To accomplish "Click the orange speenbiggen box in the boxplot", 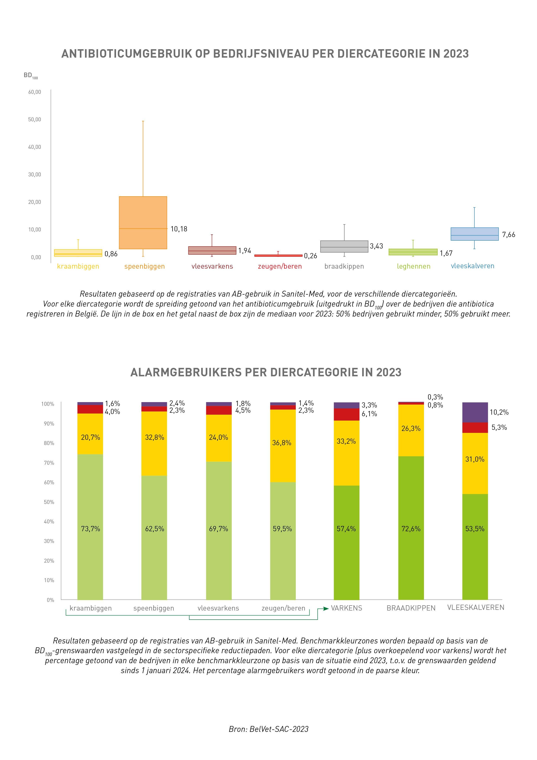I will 143,222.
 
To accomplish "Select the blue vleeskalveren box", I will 474,234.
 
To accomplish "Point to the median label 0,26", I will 310,256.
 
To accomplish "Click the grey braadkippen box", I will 344,246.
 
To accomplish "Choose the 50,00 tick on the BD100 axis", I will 35,120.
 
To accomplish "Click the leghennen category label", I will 414,266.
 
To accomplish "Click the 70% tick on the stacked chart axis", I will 49,463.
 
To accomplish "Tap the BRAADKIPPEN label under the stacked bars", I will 411,608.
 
